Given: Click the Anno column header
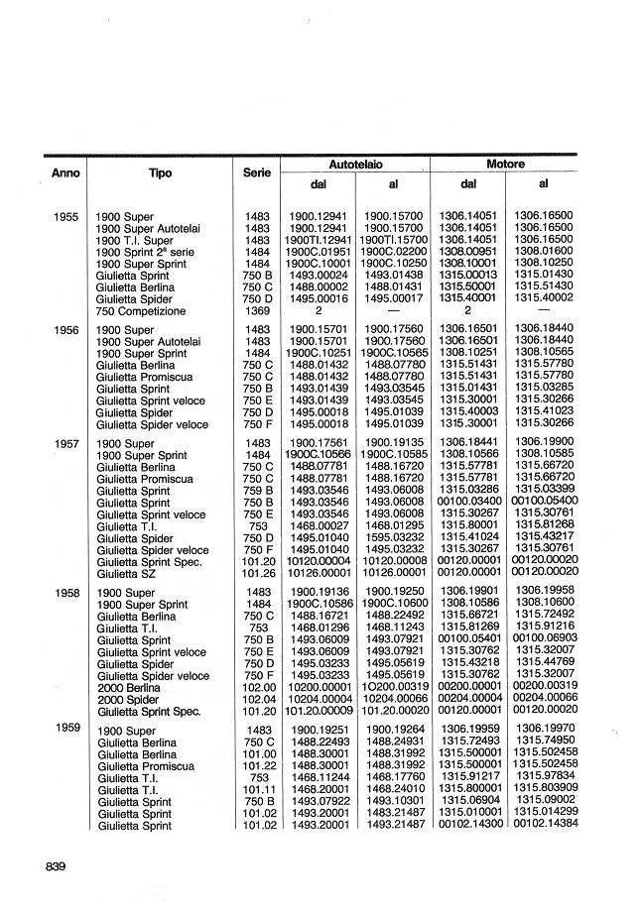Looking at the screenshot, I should click(65, 172).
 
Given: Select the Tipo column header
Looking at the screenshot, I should click(160, 172).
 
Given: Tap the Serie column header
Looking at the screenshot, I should click(257, 172).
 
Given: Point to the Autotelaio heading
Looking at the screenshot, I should click(355, 164).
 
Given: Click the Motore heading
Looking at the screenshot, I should click(505, 164).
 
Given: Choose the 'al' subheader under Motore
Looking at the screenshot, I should click(544, 183).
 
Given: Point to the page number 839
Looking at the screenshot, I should click(56, 867).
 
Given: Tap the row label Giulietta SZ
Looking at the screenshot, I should click(126, 573).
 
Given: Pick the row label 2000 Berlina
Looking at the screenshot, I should click(128, 688).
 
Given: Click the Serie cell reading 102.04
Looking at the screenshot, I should click(257, 700).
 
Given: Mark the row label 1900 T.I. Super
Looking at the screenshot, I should click(135, 240).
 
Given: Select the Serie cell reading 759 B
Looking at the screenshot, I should click(257, 491).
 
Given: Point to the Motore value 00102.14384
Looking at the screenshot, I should click(545, 825).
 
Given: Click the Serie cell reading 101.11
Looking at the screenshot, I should click(257, 789).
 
